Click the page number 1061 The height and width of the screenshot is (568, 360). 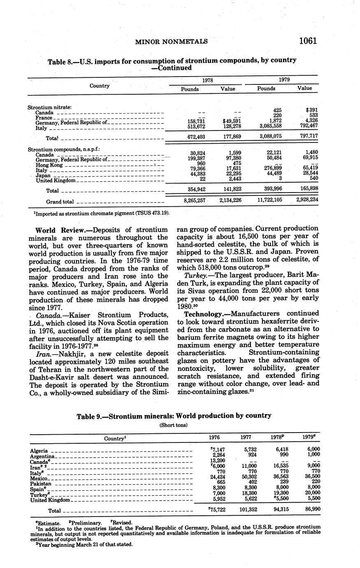pyautogui.click(x=308, y=41)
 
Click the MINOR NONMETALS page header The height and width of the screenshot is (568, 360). pyautogui.click(x=171, y=41)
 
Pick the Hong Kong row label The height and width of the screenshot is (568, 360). pyautogui.click(x=49, y=165)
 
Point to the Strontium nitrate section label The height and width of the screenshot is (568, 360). pyautogui.click(x=49, y=107)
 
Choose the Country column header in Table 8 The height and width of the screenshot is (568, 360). pyautogui.click(x=100, y=86)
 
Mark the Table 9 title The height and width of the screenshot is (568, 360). pyautogui.click(x=174, y=416)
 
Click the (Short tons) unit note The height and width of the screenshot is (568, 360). pyautogui.click(x=173, y=425)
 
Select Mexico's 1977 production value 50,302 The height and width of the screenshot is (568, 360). pyautogui.click(x=247, y=477)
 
